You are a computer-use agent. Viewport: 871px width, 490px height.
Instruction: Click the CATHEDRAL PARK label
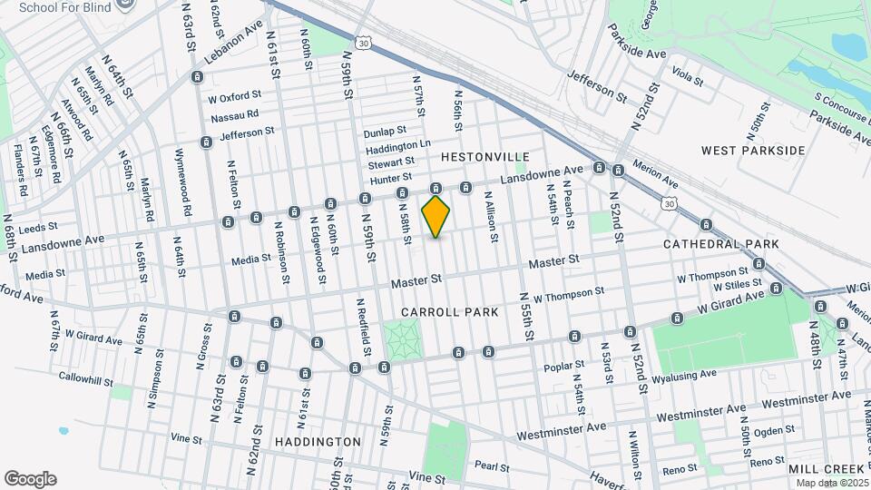coord(721,245)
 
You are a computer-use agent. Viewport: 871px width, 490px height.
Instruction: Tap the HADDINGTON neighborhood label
coord(318,442)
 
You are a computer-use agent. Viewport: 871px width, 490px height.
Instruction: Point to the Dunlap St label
coord(385,132)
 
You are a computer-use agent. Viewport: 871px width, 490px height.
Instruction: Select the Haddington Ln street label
coord(398,145)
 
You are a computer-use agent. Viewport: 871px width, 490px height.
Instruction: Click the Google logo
coord(30,479)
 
